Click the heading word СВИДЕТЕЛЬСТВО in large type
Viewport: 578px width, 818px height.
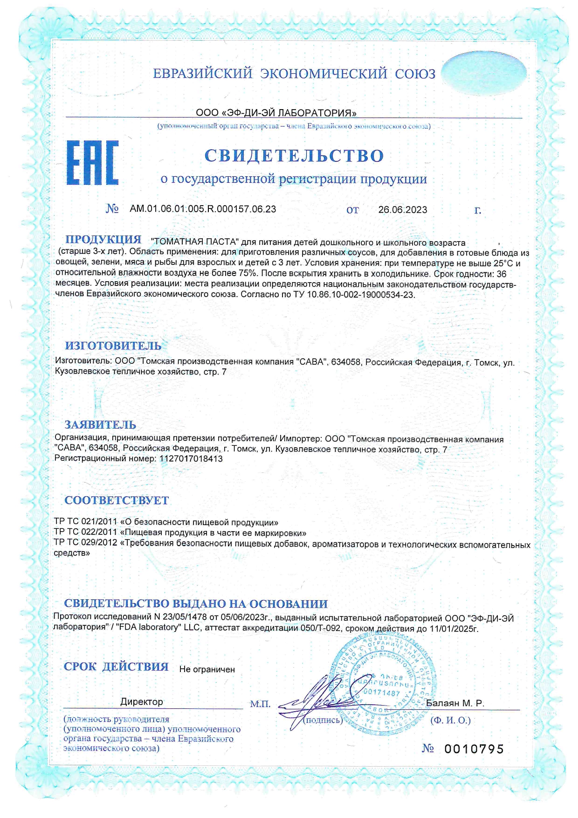(x=294, y=155)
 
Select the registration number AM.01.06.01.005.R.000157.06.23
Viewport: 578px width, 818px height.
(x=203, y=209)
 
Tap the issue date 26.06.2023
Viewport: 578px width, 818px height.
(x=403, y=210)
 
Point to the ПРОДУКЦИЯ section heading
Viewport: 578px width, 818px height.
(x=103, y=240)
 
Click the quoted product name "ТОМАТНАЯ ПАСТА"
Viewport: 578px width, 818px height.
(x=195, y=242)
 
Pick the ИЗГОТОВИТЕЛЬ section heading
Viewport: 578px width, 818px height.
(x=113, y=346)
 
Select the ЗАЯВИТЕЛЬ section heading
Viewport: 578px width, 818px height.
(x=100, y=425)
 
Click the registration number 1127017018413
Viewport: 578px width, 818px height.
(x=191, y=459)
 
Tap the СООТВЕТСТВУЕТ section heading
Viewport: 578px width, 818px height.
(x=117, y=500)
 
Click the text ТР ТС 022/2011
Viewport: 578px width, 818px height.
(x=85, y=533)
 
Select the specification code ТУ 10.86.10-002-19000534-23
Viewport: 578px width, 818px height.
(x=360, y=295)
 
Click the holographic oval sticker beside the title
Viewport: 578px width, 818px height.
(x=483, y=74)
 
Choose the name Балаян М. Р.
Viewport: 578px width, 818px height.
(x=455, y=703)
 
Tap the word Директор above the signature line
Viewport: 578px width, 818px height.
(x=142, y=702)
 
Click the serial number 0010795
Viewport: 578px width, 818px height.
(x=474, y=749)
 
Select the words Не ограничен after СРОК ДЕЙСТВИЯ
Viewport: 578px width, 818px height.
(x=207, y=670)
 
